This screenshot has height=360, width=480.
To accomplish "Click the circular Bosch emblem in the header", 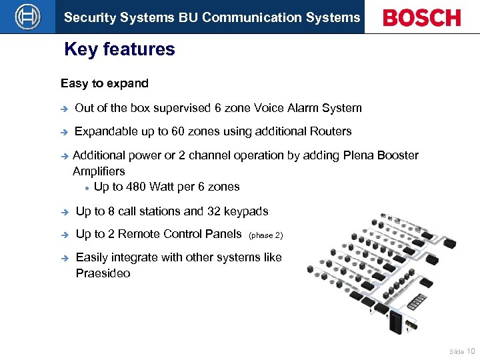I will point(28,17).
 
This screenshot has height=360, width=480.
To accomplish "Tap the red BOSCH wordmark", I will point(422,18).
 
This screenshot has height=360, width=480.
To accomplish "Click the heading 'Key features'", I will point(119,49).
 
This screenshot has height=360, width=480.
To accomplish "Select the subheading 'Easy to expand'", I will point(105,83).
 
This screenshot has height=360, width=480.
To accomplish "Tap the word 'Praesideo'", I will point(103,273).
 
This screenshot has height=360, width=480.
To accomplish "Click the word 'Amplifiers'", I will point(99,171).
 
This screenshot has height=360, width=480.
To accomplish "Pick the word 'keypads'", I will point(248,211).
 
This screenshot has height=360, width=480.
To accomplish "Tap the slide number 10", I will point(471,351).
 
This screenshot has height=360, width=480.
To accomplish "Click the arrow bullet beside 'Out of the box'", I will point(64,108).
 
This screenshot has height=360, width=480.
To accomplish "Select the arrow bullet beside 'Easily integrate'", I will point(64,257).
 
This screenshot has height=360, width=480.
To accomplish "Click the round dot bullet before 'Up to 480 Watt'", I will point(87,187).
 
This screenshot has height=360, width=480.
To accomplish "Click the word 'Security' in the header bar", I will point(86,18).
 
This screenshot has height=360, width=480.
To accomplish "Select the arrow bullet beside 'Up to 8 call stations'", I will point(64,211).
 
